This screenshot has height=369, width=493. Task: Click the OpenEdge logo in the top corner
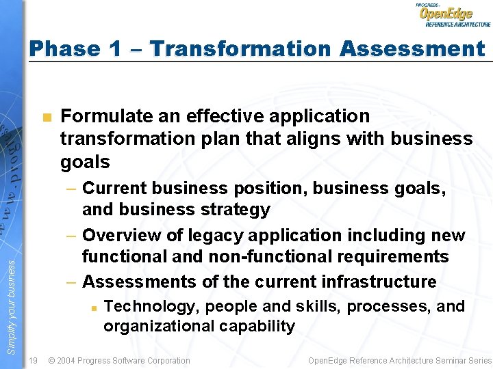(452, 14)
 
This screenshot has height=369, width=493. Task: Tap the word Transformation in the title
(240, 49)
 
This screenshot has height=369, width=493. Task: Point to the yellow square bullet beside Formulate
(46, 118)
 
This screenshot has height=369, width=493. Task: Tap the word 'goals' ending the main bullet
(85, 162)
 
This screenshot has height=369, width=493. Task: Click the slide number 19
(33, 360)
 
